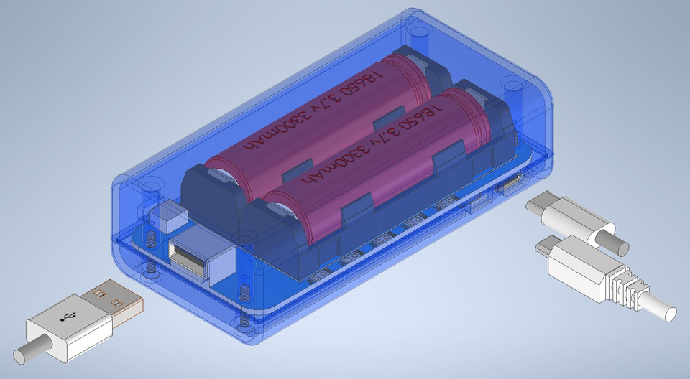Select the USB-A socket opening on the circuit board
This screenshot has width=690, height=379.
(187, 258)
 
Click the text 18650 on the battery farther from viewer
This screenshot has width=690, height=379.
(368, 80)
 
